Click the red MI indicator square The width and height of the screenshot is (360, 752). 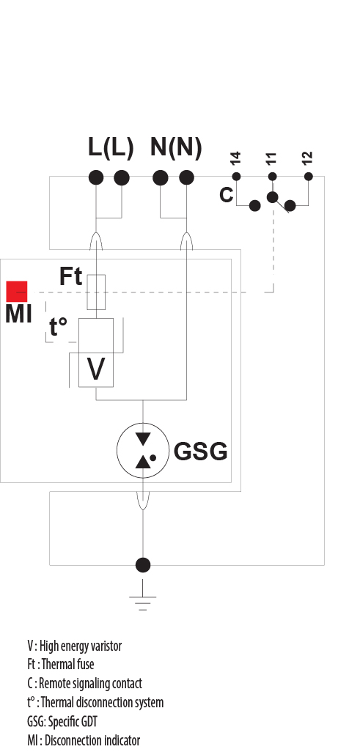point(17,291)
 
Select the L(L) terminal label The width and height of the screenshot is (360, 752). point(111,147)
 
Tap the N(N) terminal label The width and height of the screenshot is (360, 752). point(175,147)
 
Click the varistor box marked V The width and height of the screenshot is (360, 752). point(96,369)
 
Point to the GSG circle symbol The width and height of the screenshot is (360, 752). point(143,449)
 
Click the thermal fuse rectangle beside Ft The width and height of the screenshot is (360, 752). point(96,292)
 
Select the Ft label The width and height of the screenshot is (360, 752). point(70,276)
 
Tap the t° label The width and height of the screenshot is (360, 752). point(62,328)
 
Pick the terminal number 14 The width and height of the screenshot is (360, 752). point(235,158)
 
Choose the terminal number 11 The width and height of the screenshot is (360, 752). point(271,158)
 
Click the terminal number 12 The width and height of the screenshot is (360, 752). point(307,158)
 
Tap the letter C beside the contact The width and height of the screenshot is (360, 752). point(227,195)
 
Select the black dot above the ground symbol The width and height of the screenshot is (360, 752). point(143,564)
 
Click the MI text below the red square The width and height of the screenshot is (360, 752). point(18,315)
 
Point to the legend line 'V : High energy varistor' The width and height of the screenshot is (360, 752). point(74,646)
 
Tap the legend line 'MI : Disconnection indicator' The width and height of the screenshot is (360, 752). point(83,740)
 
